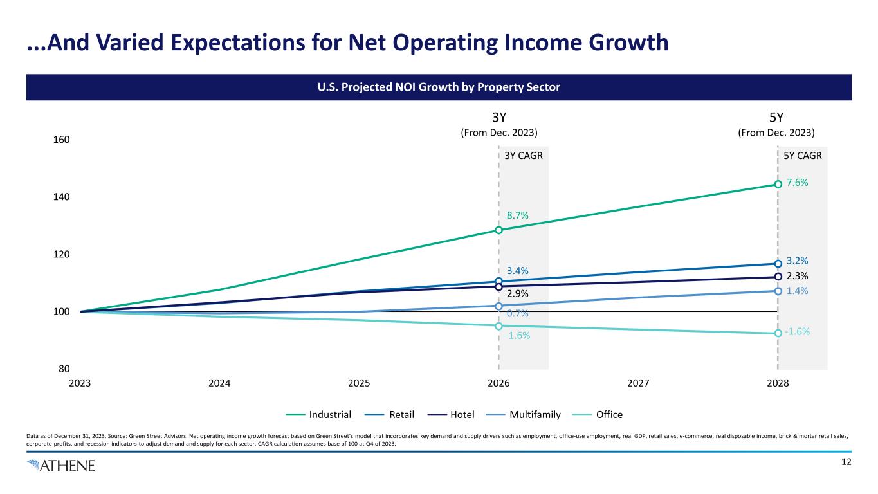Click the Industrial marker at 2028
pyautogui.click(x=778, y=184)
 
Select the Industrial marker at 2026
pyautogui.click(x=498, y=230)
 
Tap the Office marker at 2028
pyautogui.click(x=778, y=333)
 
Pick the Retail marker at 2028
pyautogui.click(x=778, y=264)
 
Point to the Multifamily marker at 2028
pyautogui.click(x=778, y=291)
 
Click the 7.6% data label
pyautogui.click(x=798, y=183)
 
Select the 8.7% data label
pyautogui.click(x=517, y=215)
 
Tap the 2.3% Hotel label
pyautogui.click(x=798, y=276)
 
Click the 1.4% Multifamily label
pyautogui.click(x=798, y=291)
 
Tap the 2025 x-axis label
pyautogui.click(x=358, y=384)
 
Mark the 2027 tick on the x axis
pyautogui.click(x=638, y=384)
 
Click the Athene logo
pyautogui.click(x=61, y=466)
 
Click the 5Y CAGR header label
pyautogui.click(x=803, y=155)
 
